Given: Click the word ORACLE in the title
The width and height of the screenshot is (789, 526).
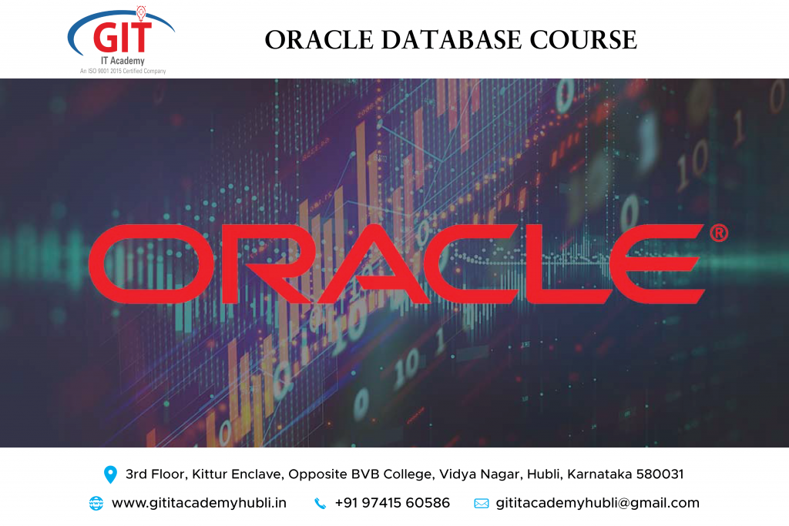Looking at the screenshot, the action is [x=319, y=40].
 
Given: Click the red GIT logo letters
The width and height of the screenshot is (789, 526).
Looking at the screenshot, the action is [x=123, y=36].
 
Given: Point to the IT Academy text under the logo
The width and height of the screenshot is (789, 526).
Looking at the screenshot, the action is [x=123, y=61].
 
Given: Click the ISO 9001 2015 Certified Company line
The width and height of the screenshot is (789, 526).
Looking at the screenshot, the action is [x=123, y=71].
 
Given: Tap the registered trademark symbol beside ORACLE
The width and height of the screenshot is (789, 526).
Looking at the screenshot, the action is [x=719, y=233].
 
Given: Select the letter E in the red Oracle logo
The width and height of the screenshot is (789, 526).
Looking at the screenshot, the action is [x=656, y=264].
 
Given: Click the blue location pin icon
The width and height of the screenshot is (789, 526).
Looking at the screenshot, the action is [x=110, y=474].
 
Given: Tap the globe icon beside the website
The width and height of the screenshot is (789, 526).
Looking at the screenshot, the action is [x=96, y=504].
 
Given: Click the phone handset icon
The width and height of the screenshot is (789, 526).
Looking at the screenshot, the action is [x=320, y=504].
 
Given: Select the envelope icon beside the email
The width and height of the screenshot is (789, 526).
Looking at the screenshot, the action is [x=482, y=504].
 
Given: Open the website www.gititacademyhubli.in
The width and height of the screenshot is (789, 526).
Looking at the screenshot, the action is [x=200, y=504].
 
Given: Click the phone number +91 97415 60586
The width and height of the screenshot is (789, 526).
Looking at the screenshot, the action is [x=392, y=503].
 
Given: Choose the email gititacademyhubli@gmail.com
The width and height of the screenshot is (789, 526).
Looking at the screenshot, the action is [x=598, y=504].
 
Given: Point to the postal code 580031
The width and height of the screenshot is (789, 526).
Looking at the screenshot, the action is [x=660, y=474].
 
